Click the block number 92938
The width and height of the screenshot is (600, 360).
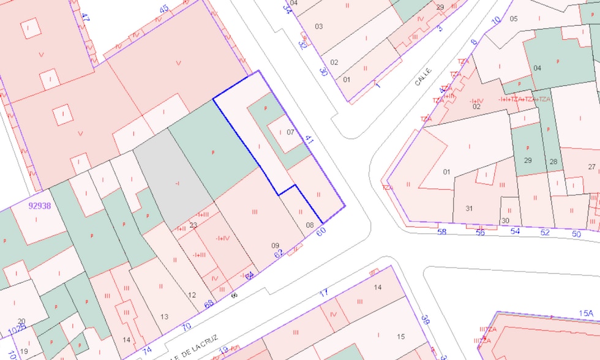[40, 206]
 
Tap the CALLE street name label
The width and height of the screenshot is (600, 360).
[423, 77]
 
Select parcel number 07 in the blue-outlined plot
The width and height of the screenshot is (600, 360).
[290, 132]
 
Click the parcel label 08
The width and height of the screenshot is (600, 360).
[310, 225]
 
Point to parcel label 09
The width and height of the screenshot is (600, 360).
[276, 246]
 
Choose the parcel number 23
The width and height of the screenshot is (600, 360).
[193, 225]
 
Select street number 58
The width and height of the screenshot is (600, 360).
[442, 232]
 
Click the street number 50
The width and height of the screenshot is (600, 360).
[576, 234]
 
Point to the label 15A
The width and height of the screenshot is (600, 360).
[586, 313]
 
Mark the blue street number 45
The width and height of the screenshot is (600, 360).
[163, 9]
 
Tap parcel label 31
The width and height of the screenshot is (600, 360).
[469, 208]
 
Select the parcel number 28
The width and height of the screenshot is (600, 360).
[553, 162]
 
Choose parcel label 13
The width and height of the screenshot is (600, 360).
[164, 317]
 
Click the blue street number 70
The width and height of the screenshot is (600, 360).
[186, 326]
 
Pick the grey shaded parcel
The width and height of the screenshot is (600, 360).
[174, 181]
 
